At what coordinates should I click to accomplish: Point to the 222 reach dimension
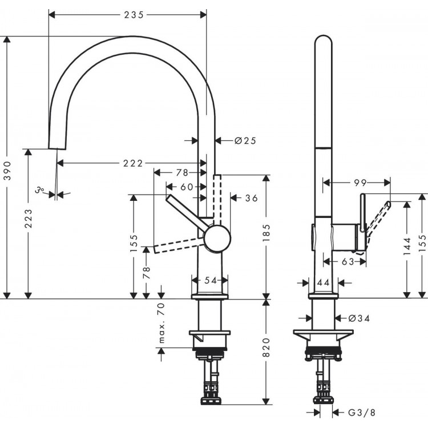tap(132, 164)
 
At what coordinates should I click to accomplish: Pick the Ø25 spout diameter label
tap(245, 140)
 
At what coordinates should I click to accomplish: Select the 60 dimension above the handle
tap(187, 187)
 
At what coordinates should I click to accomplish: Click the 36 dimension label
tap(251, 198)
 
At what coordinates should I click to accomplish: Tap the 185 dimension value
tap(267, 231)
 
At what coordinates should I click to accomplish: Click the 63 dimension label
tap(347, 261)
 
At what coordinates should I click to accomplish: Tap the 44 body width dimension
tap(323, 282)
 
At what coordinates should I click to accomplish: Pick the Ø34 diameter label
tap(359, 318)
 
